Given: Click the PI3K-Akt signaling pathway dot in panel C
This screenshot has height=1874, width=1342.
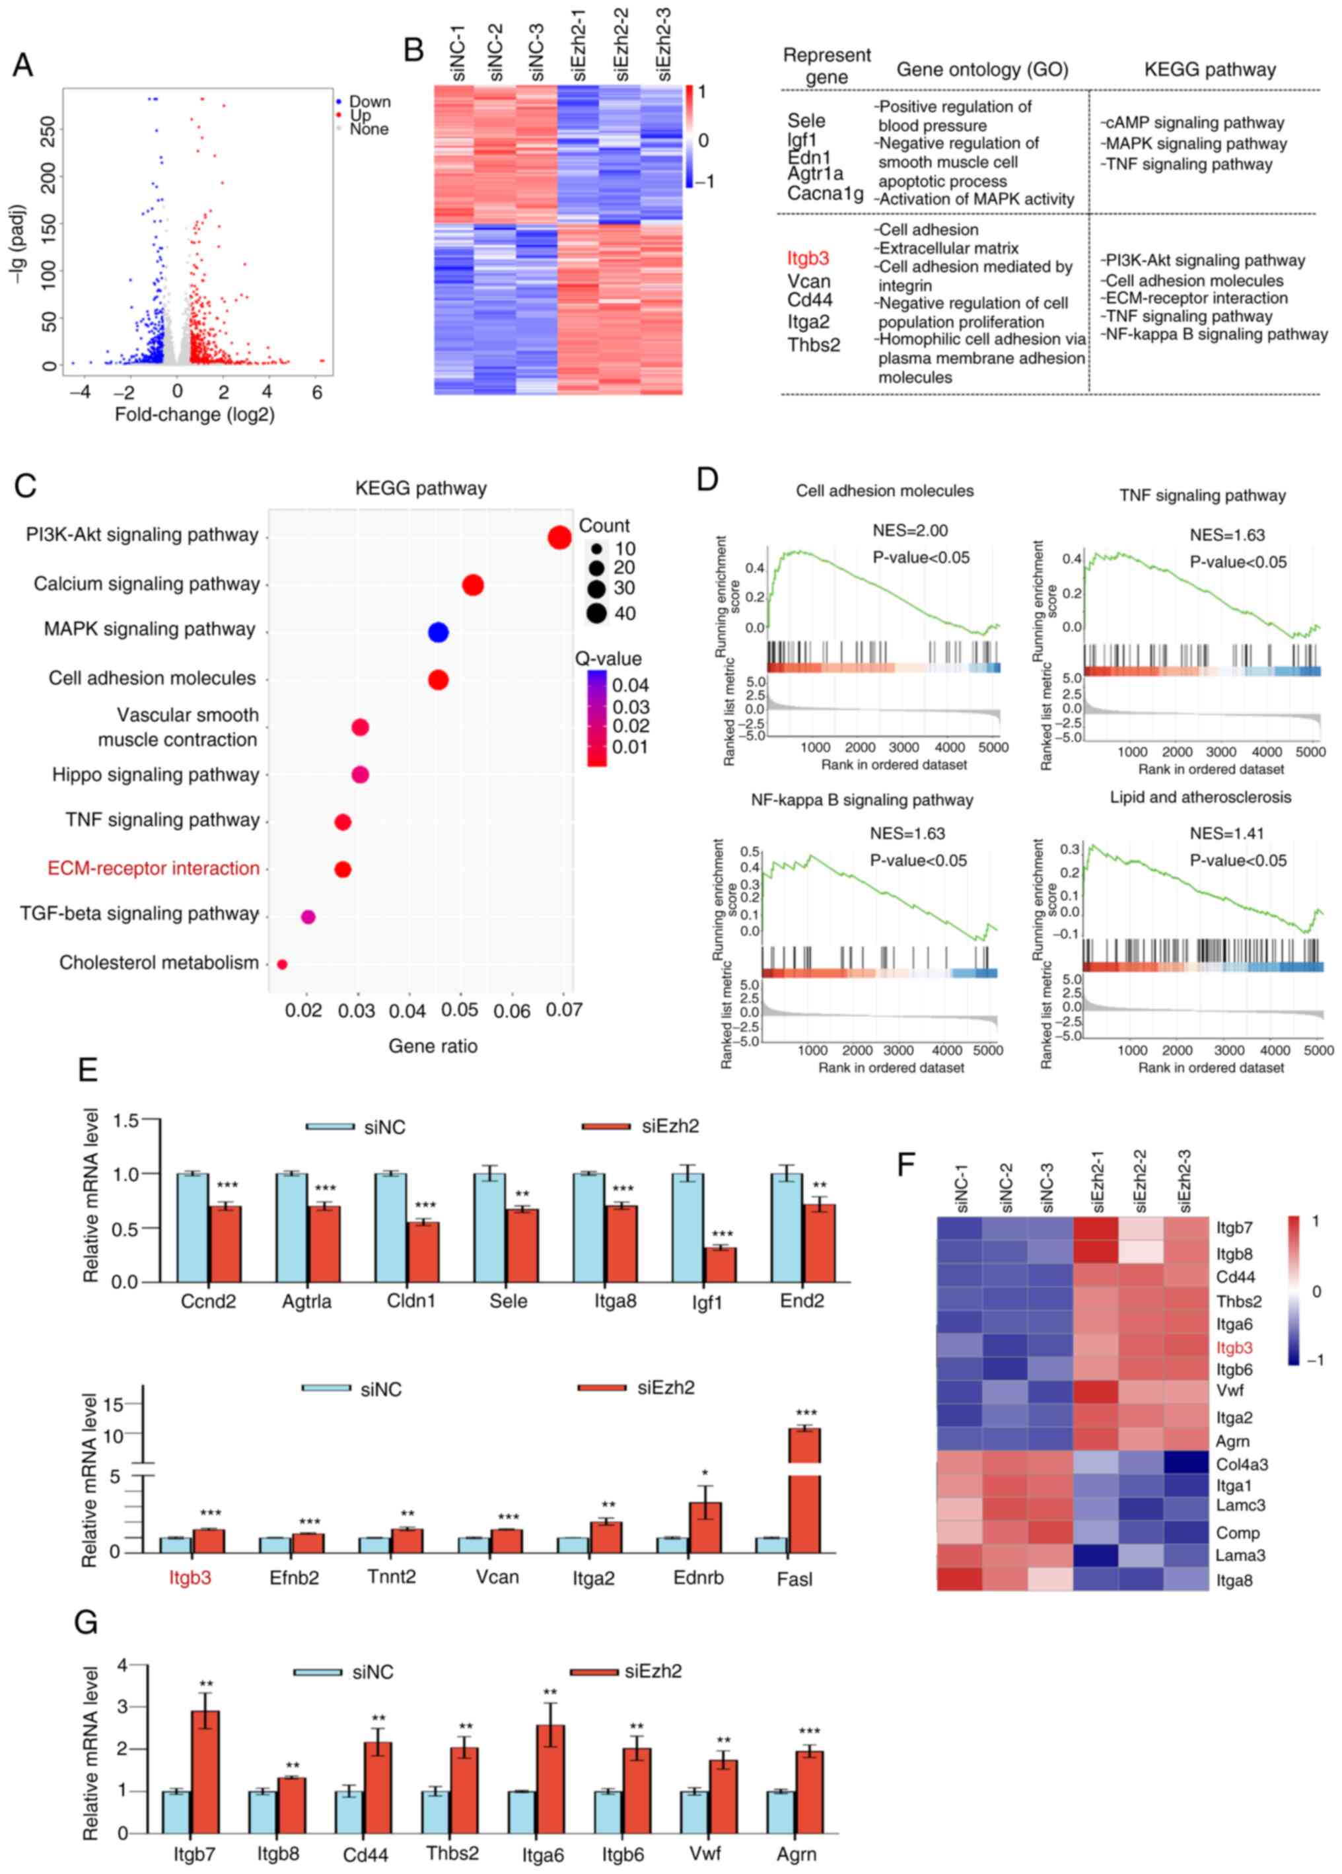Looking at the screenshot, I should [x=559, y=538].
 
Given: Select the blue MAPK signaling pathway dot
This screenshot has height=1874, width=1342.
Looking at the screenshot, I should [x=438, y=633].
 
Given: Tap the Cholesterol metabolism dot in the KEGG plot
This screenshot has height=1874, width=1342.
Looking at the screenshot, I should [x=282, y=964].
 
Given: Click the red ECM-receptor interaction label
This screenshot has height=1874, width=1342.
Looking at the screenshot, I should [x=154, y=869].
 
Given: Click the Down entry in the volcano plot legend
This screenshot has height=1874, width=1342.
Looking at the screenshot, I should [x=369, y=102].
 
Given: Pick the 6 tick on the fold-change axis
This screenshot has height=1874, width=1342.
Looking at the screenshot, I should [x=317, y=392].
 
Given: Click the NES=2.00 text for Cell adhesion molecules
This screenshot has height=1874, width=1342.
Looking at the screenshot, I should [x=910, y=530].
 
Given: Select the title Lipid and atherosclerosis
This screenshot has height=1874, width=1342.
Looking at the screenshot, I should [x=1200, y=797].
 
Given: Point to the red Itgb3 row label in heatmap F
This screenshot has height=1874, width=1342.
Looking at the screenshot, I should [x=1234, y=1348].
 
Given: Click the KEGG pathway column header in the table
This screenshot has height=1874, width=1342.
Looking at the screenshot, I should [x=1209, y=70].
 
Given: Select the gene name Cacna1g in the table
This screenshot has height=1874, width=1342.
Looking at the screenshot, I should [x=825, y=194].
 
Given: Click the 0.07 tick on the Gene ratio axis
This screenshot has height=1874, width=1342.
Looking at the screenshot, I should [x=565, y=1011].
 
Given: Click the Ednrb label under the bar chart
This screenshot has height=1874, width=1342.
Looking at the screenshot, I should [x=698, y=1577].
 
